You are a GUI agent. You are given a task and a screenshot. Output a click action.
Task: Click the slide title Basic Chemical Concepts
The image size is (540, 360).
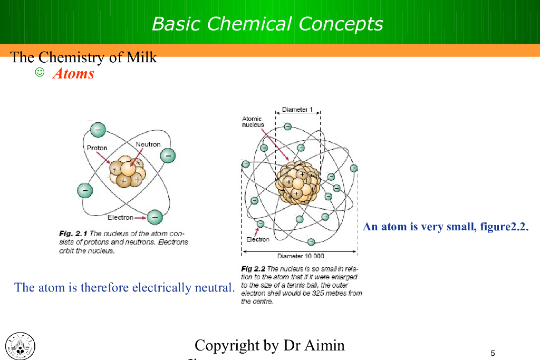pos(267,24)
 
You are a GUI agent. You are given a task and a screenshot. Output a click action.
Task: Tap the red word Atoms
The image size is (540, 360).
pos(73,74)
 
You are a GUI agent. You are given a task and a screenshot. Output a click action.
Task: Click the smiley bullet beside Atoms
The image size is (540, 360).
pos(40,72)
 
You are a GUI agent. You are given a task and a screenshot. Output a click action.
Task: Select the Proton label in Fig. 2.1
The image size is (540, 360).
pos(97,148)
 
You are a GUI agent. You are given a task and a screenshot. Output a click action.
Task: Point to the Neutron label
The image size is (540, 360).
pos(148,144)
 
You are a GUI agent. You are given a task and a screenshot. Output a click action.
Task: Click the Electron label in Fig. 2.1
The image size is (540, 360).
pos(120,218)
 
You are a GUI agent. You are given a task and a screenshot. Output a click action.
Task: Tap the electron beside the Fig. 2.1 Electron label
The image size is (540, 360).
pos(155,217)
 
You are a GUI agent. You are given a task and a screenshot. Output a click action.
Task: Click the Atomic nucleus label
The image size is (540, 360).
pos(253,122)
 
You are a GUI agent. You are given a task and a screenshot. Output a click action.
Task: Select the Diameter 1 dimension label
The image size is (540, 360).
pos(297,110)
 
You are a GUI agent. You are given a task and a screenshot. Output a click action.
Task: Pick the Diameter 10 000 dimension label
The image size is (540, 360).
pos(301,256)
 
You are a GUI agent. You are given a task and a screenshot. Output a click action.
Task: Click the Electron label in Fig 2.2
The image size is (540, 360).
pos(258,239)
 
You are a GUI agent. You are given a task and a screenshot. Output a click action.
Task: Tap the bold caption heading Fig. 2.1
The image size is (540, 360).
pos(73,233)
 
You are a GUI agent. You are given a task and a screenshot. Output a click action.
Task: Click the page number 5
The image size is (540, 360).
pos(493,353)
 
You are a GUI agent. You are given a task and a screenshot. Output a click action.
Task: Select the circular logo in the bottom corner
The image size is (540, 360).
pos(20,347)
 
